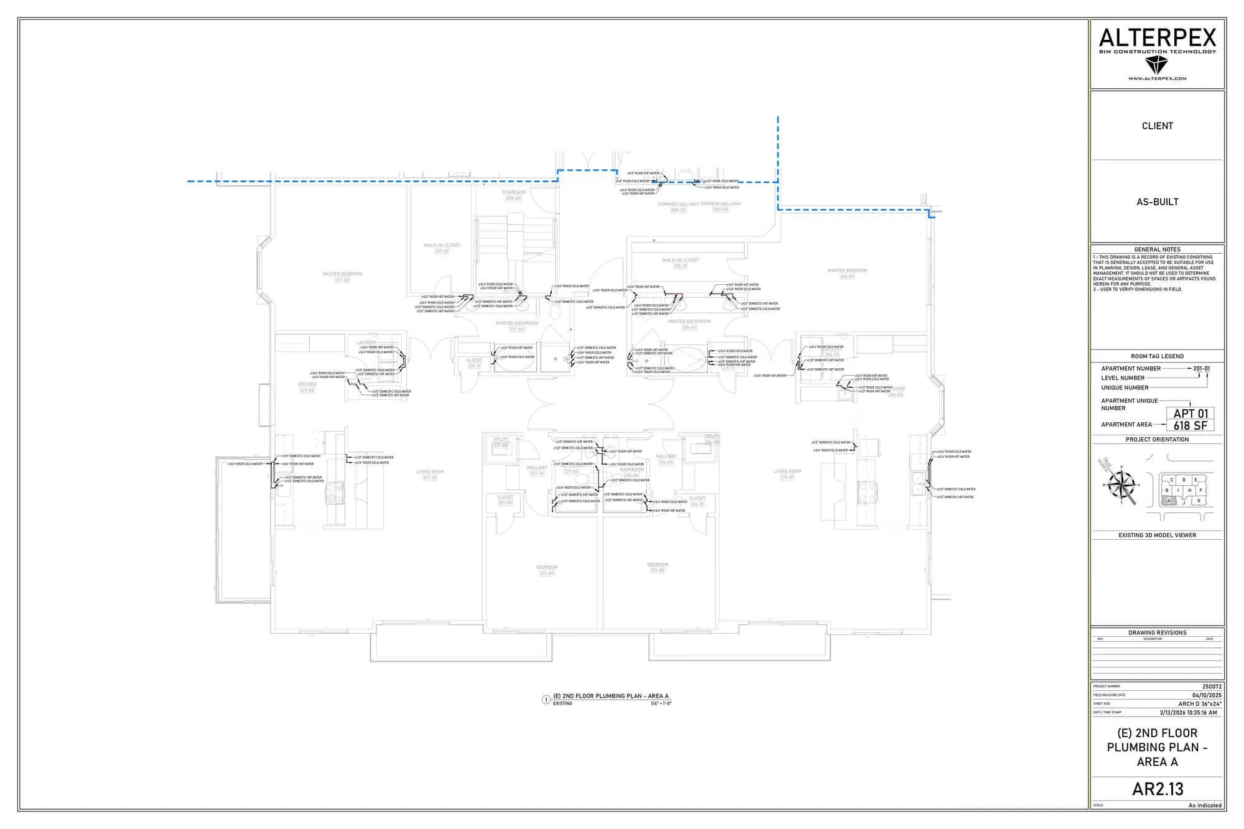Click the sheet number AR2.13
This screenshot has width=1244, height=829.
tap(1157, 789)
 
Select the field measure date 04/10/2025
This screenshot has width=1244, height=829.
tap(1207, 695)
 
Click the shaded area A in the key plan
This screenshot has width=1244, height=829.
tap(1169, 501)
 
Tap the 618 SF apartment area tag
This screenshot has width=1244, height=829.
tap(1191, 425)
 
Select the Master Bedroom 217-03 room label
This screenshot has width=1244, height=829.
tap(342, 277)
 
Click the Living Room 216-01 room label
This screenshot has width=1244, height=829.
tap(787, 474)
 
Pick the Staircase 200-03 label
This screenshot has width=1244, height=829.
tap(514, 195)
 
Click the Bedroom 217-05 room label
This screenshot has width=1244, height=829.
tap(547, 570)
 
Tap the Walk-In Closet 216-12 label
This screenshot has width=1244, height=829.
tap(680, 262)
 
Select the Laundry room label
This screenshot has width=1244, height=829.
tap(366, 343)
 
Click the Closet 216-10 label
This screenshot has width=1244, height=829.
tap(697, 501)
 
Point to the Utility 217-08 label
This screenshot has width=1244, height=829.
tap(501, 442)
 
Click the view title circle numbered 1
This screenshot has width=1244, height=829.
tap(546, 700)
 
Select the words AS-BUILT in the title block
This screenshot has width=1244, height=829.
tap(1157, 201)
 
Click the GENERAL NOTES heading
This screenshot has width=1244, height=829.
tap(1157, 249)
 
